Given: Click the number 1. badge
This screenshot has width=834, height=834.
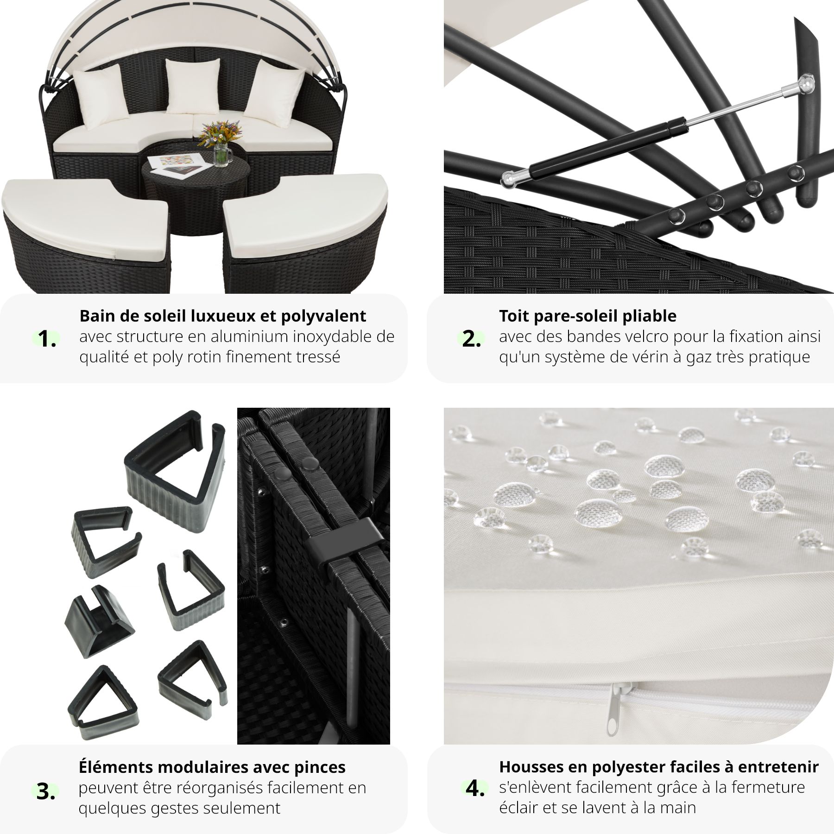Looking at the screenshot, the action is (x=47, y=339).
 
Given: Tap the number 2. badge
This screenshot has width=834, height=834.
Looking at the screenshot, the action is (x=471, y=339).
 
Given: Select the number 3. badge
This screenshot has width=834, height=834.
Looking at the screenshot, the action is (x=46, y=792).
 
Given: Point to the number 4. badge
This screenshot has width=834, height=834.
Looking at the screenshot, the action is (x=474, y=789).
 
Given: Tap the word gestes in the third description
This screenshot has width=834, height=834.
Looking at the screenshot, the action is (x=174, y=809).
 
